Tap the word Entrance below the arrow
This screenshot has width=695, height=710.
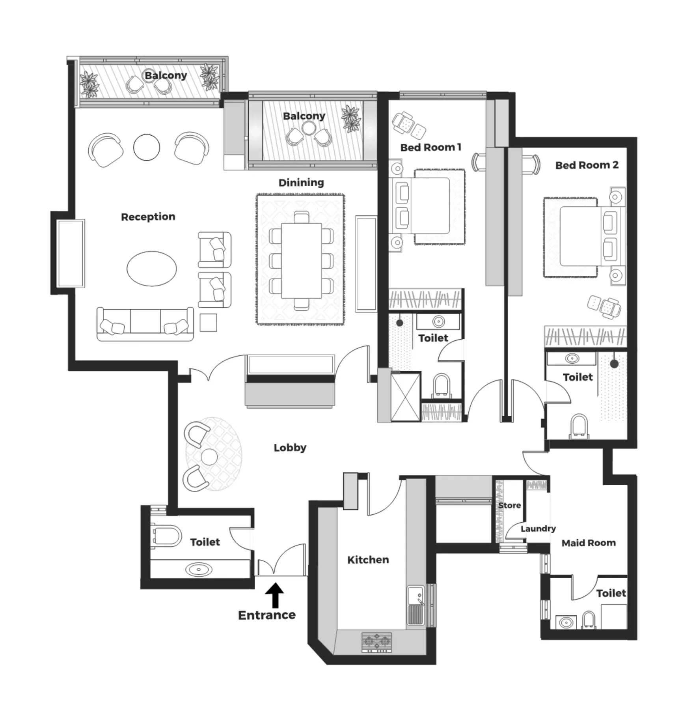tap(267, 615)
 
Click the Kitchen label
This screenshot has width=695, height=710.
tap(368, 560)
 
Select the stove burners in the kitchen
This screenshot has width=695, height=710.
tap(377, 643)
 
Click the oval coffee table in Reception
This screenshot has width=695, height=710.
tap(152, 269)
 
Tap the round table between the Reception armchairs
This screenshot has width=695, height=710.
tap(147, 147)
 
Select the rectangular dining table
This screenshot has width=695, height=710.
tap(301, 261)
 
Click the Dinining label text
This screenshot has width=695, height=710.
tap(301, 183)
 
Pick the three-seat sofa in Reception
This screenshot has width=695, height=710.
tap(145, 324)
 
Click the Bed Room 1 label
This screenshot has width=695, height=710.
tap(430, 148)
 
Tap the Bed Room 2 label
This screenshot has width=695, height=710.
tap(587, 165)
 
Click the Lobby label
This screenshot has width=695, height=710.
tap(290, 448)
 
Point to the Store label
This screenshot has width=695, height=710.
tap(509, 505)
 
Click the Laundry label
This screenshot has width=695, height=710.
tap(538, 529)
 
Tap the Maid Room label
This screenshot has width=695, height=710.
tap(589, 543)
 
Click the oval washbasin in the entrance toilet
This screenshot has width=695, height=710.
tap(199, 570)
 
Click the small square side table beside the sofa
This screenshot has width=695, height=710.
tap(208, 323)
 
